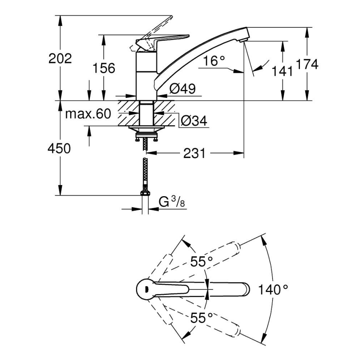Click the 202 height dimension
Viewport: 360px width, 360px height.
60,58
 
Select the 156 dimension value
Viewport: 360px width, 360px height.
103,68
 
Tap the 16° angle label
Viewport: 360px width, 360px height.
214,61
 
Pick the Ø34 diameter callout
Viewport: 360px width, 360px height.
194,121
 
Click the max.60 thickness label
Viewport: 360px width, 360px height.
88,114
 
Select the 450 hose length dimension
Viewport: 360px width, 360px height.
59,148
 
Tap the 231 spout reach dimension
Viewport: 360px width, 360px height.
195,153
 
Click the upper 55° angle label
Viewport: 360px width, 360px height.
202,261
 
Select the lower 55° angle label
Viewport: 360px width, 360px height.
202,318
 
